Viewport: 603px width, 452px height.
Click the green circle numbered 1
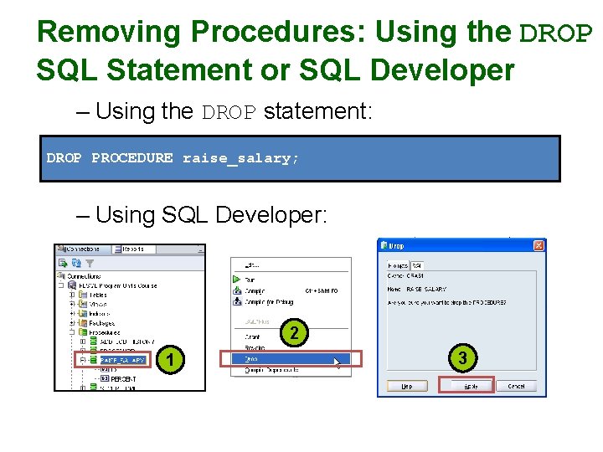pos(171,360)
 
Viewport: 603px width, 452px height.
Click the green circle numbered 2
pos(293,333)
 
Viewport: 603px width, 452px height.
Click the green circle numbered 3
pos(463,358)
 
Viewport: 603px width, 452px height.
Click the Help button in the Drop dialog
pos(405,386)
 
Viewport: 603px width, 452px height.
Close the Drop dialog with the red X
pos(539,245)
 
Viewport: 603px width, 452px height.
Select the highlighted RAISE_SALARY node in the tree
pos(121,360)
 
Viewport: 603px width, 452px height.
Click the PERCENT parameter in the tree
pos(124,379)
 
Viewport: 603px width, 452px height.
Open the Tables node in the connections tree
pos(97,295)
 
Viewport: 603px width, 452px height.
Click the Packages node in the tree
pos(101,322)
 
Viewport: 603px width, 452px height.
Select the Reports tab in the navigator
pos(133,249)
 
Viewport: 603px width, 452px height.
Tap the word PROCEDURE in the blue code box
pos(131,158)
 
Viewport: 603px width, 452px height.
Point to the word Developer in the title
pos(441,70)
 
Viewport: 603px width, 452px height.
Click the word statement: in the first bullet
pos(317,111)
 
